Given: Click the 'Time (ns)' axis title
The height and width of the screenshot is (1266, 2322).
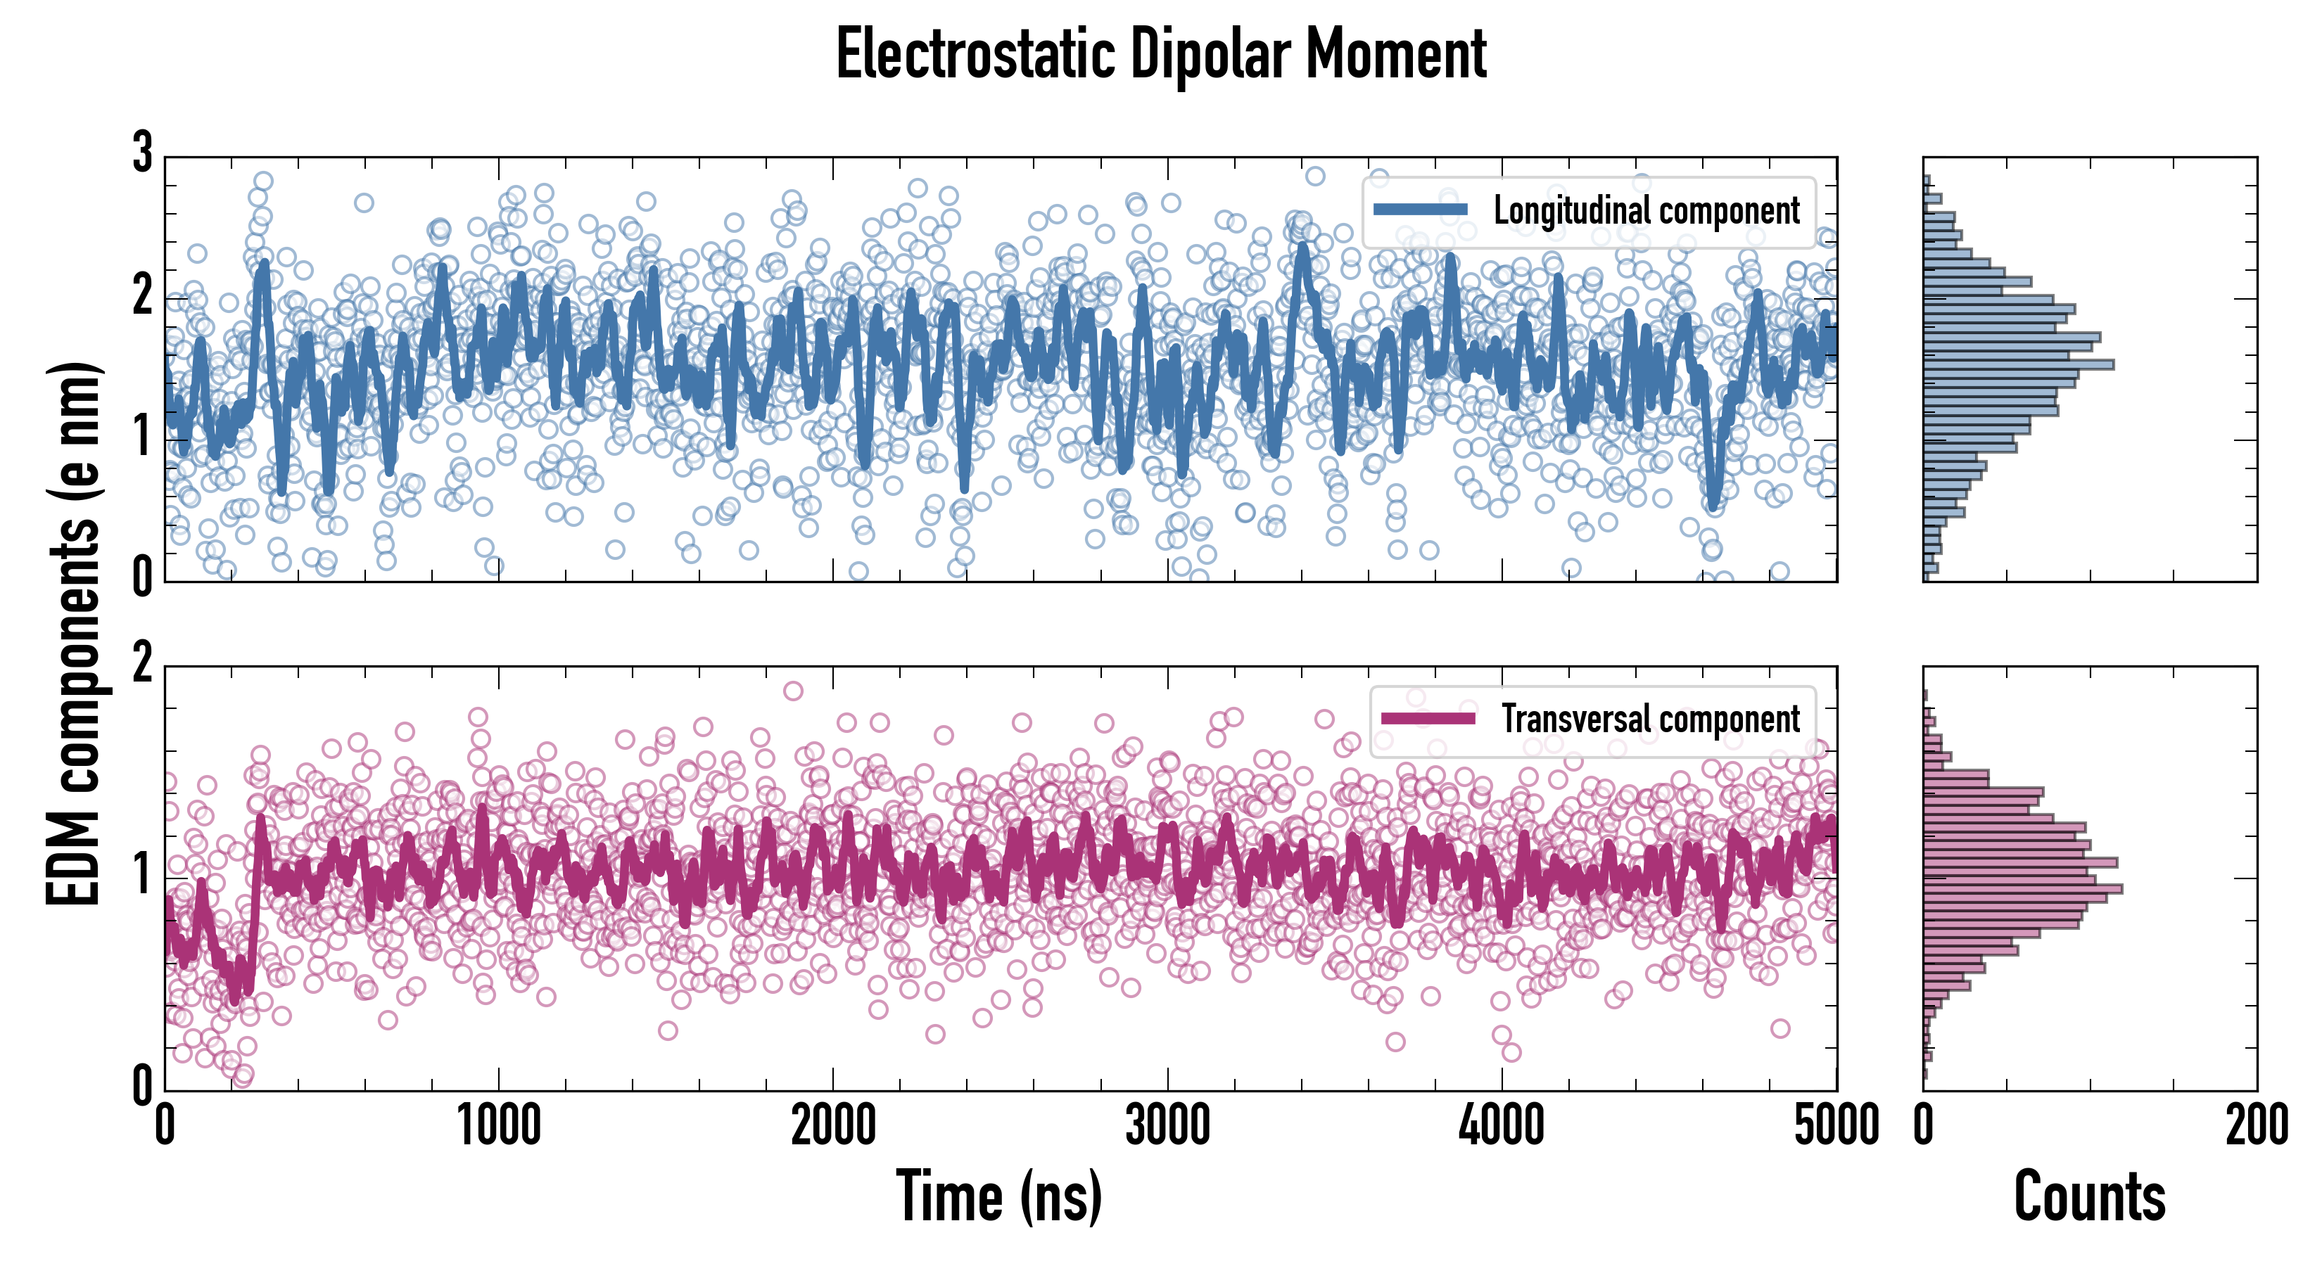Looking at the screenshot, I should pos(998,1196).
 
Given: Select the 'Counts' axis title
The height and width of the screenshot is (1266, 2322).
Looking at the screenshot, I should pos(2089,1196).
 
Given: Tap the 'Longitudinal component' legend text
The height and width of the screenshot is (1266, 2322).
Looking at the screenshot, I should pos(1646,211).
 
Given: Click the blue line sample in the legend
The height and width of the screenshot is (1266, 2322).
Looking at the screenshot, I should pos(1421,210).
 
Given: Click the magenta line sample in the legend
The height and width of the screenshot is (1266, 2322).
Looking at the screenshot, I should pos(1428,718).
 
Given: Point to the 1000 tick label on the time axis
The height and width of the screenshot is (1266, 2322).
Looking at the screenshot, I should pos(498,1126).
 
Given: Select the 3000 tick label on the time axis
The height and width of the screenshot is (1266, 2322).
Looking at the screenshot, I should pos(1167,1126).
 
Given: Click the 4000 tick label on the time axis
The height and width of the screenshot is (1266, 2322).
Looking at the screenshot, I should pos(1502,1126).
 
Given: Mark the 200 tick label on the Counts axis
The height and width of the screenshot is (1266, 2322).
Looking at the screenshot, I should pos(2256,1126).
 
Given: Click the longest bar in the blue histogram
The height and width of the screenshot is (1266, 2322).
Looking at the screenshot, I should pos(2019,365).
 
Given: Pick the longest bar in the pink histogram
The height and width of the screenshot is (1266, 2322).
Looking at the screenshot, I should pos(2023,889).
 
